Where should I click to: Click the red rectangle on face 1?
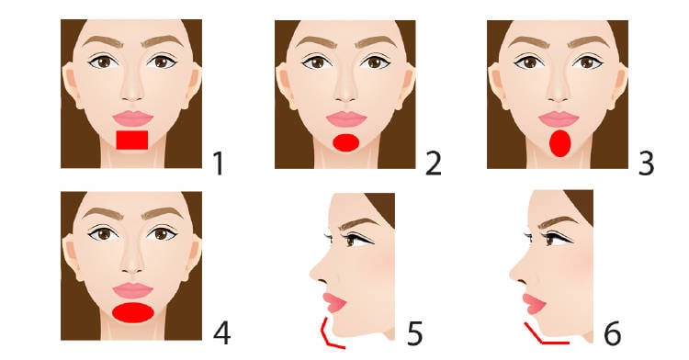tap(131, 140)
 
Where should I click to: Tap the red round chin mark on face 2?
tap(346, 142)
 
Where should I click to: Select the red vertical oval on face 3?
tap(559, 143)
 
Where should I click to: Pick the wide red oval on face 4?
tap(133, 312)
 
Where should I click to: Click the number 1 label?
tap(218, 163)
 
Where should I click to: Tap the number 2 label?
tap(433, 163)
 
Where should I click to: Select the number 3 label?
tap(646, 163)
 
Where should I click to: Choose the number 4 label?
tap(222, 333)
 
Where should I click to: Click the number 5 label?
tap(414, 333)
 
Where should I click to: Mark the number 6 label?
tap(613, 333)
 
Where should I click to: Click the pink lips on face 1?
tap(132, 118)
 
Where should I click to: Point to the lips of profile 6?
tap(534, 304)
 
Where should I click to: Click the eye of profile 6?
tap(552, 240)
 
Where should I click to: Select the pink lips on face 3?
tap(559, 119)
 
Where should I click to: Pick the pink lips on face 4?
tap(132, 290)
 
